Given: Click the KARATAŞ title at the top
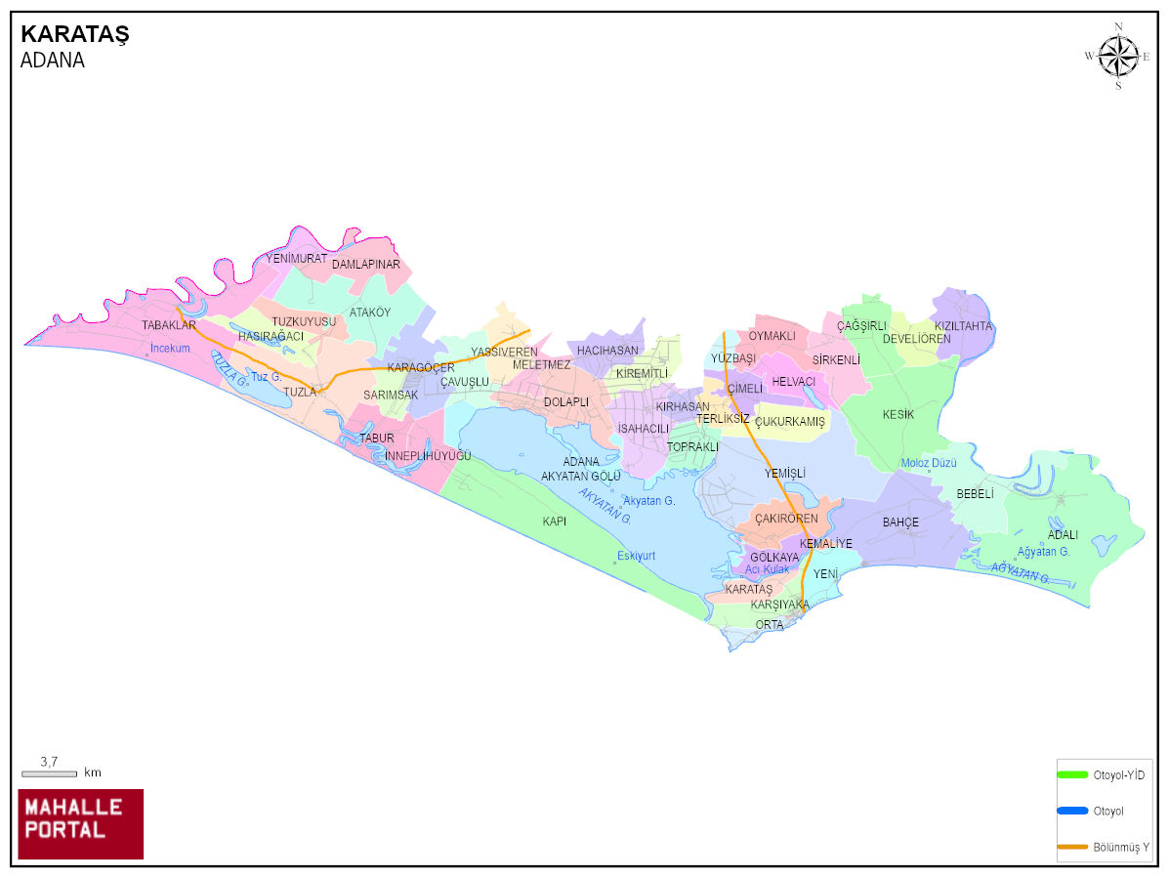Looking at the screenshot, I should [x=75, y=35].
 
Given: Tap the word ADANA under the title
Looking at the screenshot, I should [x=52, y=61].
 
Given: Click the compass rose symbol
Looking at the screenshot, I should [x=1118, y=56].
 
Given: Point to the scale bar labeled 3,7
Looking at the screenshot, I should [x=49, y=773].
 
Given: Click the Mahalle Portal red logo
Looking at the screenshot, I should [x=81, y=823].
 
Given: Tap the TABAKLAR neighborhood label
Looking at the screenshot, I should [x=169, y=325].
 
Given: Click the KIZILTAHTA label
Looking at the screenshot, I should [x=963, y=326].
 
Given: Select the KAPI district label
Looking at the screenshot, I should [x=555, y=522].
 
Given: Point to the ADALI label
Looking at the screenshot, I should [x=1063, y=535].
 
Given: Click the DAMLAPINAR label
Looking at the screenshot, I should [x=366, y=265].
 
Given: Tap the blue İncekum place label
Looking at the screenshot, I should [x=169, y=349].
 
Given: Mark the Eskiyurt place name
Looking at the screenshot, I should [x=636, y=557].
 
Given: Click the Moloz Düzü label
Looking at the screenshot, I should [x=929, y=463].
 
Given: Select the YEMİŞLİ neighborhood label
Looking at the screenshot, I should [x=785, y=474].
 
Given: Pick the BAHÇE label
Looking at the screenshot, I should [x=900, y=522].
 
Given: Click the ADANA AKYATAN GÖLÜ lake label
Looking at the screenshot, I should [x=581, y=469].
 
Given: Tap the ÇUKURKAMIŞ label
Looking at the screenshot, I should [x=790, y=422].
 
